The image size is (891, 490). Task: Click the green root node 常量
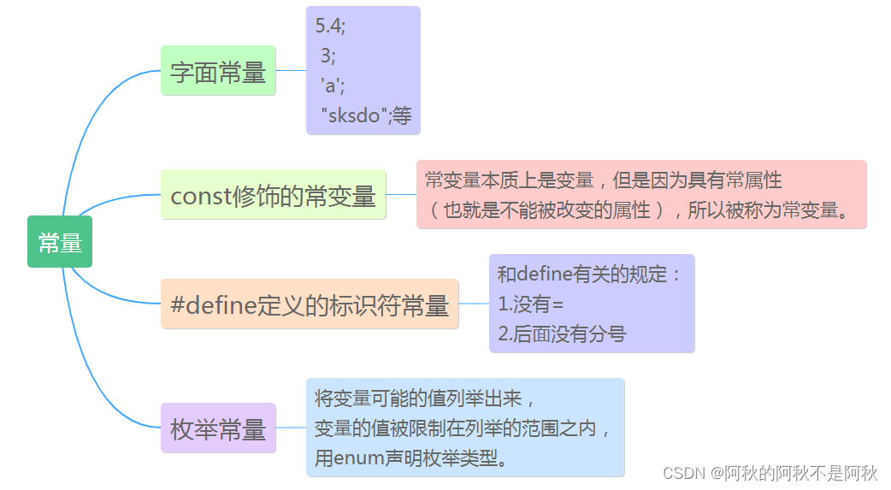[60, 243]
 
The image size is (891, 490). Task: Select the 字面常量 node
[218, 72]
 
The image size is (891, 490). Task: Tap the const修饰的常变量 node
[273, 196]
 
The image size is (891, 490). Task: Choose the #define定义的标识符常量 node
[310, 305]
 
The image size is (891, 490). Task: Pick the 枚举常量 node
[218, 429]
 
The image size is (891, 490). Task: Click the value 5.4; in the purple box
[331, 26]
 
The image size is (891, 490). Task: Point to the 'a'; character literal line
[333, 86]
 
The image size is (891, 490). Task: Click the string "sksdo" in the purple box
[354, 115]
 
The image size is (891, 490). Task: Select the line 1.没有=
[531, 304]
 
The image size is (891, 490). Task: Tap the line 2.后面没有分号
[561, 334]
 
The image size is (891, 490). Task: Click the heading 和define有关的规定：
[591, 275]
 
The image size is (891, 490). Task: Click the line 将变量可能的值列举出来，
[426, 398]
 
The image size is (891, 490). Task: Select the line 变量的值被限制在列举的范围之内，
[463, 428]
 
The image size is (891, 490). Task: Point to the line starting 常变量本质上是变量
[603, 180]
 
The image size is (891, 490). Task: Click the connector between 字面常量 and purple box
[291, 70]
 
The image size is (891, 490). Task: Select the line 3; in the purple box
[328, 56]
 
